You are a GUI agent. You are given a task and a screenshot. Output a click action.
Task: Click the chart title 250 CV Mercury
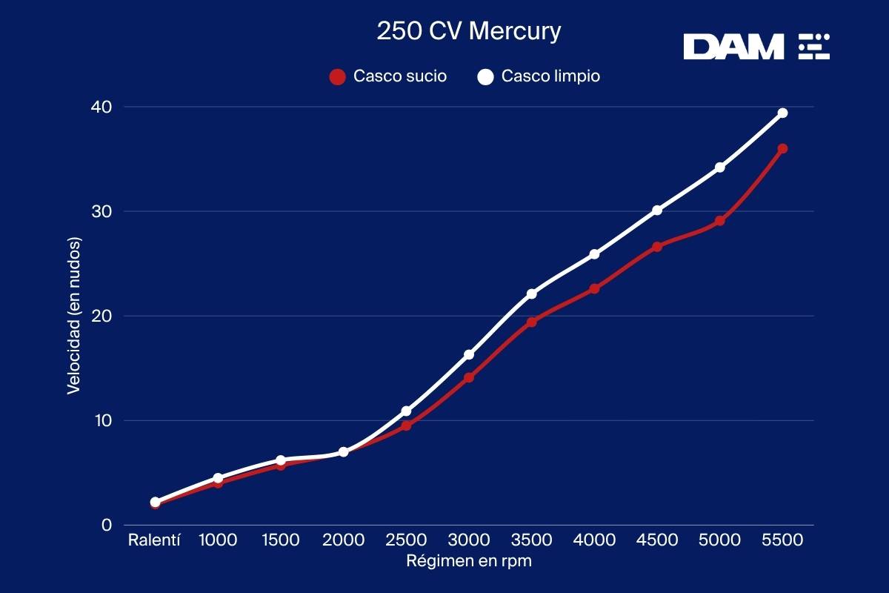[x=469, y=32]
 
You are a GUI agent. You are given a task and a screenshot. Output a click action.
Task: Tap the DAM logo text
[x=733, y=47]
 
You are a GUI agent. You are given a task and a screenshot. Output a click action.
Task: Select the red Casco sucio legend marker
[x=337, y=76]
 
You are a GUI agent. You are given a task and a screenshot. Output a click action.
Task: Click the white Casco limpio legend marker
[x=485, y=76]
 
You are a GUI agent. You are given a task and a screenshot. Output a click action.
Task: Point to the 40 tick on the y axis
[x=101, y=107]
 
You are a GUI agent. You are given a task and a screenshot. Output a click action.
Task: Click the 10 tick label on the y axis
[x=101, y=420]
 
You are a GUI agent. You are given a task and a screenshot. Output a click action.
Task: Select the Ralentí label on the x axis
[x=155, y=540]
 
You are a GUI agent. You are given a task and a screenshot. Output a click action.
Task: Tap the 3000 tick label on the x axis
[x=469, y=540]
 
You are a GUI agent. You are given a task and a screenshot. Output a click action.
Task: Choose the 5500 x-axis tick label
[x=782, y=540]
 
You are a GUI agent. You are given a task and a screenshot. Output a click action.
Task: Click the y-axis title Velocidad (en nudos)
[x=73, y=316]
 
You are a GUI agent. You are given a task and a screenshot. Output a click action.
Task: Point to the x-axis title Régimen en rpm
[x=469, y=561]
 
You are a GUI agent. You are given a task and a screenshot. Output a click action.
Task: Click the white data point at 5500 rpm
[x=782, y=113]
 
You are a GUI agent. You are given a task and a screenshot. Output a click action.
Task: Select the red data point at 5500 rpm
[x=782, y=148]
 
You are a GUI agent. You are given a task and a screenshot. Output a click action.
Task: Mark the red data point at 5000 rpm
[x=719, y=221]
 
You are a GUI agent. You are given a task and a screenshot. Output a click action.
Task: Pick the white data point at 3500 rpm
[x=531, y=294]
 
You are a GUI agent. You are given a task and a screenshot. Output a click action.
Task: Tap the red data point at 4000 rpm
[x=594, y=288]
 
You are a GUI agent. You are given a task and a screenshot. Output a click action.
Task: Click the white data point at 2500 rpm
[x=406, y=411]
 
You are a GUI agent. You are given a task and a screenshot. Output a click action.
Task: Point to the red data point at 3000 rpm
[x=469, y=377]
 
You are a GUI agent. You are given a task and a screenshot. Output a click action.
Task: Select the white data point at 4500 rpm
[x=657, y=210]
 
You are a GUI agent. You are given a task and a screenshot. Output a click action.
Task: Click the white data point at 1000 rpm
[x=218, y=478]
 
